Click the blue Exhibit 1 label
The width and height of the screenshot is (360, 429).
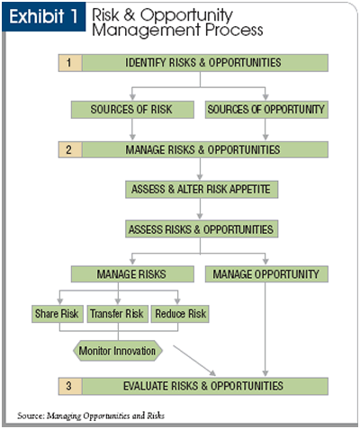coord(44,16)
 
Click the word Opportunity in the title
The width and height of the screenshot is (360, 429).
coord(186,15)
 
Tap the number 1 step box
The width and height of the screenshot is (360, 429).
coord(70,63)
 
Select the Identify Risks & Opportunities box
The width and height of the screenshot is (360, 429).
coord(205,63)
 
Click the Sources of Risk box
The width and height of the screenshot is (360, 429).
coord(132,110)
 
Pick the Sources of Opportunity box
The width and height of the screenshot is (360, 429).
coord(266,110)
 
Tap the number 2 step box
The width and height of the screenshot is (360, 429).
coord(70,149)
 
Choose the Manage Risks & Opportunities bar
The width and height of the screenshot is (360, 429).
coord(205,149)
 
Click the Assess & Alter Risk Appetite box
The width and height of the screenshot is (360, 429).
coord(202,189)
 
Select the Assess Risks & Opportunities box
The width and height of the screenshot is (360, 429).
coord(202,229)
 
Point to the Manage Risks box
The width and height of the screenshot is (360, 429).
coord(132,274)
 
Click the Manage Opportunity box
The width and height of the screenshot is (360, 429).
coord(266,274)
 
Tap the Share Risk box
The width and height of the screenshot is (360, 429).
coord(58,314)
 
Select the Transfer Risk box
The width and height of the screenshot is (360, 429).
coord(117,314)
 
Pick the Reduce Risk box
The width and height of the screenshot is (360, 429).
coord(180,314)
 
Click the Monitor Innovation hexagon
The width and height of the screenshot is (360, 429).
coord(118,351)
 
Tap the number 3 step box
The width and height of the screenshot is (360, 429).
coord(70,386)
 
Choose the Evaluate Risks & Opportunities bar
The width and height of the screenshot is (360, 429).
coord(205,386)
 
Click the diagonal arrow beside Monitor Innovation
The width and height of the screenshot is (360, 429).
coord(194,361)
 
